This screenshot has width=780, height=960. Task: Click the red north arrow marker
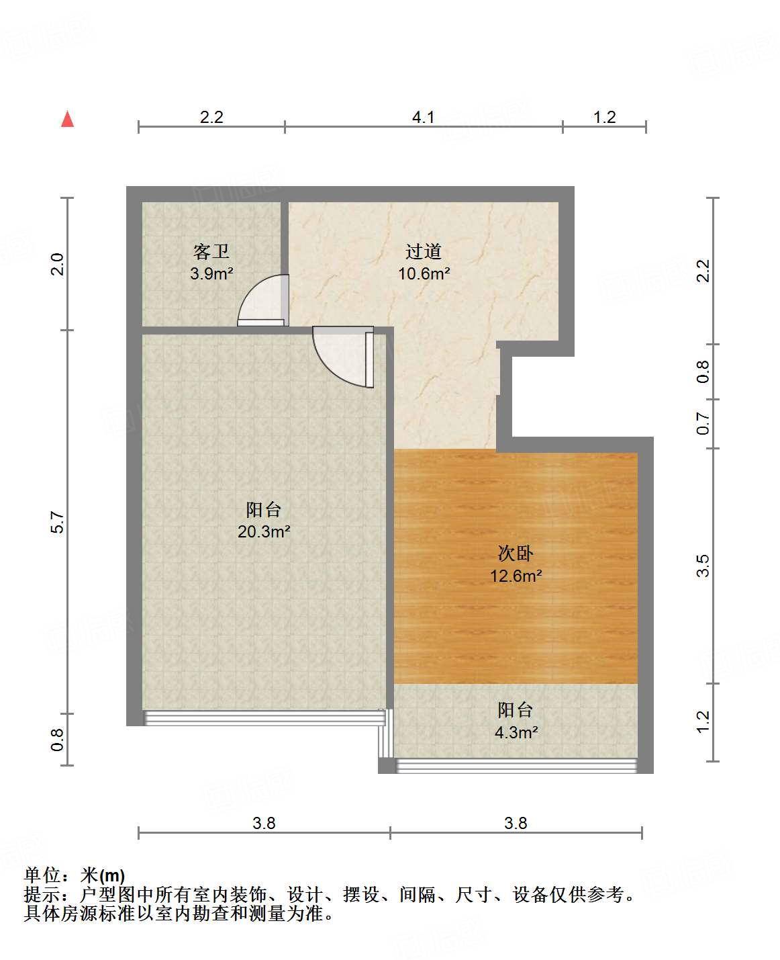point(67,119)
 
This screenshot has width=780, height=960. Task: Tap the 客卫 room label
point(211,252)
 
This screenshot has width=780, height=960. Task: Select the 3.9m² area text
point(211,273)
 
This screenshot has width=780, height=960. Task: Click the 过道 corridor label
point(424,252)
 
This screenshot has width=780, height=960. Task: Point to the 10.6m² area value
point(424,273)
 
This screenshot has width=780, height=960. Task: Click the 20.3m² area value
point(264,531)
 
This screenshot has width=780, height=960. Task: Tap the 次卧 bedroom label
point(516,554)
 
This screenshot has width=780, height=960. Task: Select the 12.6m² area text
point(516,576)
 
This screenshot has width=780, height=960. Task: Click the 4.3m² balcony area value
point(516,732)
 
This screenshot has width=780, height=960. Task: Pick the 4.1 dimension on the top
point(423,118)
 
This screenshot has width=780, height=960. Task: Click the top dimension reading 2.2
point(211,118)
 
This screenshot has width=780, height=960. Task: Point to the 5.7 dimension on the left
point(58,523)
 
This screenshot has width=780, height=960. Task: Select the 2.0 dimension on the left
point(58,263)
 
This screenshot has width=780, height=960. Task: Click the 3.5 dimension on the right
point(703,566)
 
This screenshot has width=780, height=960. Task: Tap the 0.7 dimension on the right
point(703,424)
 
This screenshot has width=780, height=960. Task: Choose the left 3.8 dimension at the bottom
point(264,823)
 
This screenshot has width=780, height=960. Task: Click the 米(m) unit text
point(103,875)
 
